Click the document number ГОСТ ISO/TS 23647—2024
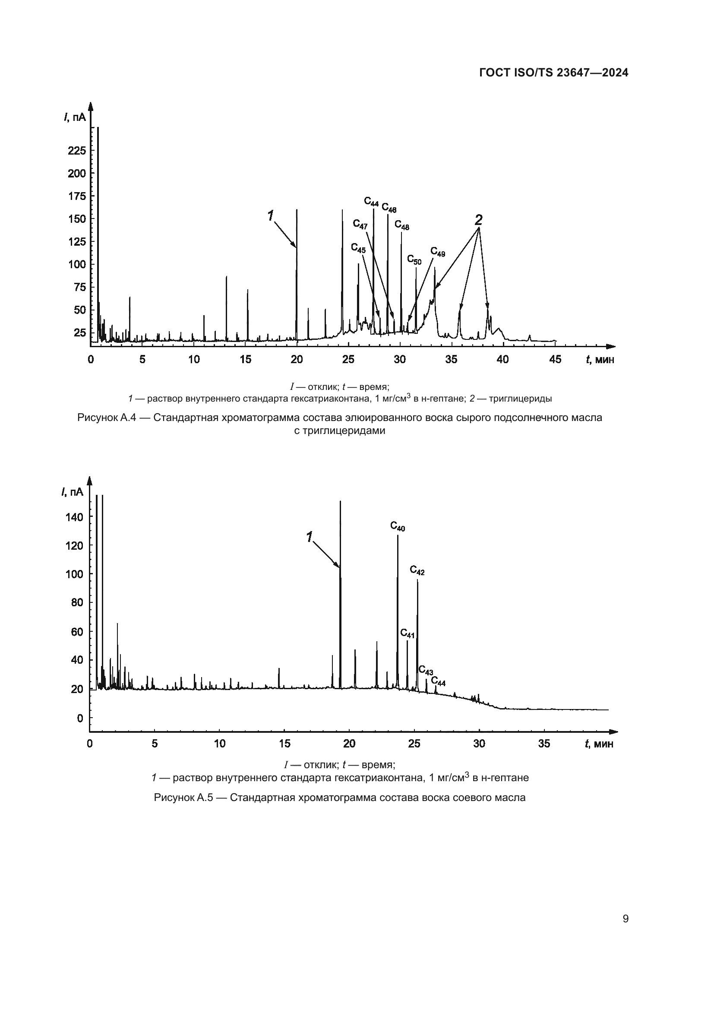point(553,73)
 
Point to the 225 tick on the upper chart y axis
point(76,151)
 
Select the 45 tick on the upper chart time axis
point(555,359)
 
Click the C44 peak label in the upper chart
point(371,202)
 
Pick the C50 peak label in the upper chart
point(414,260)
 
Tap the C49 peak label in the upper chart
point(437,252)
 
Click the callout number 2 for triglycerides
point(478,219)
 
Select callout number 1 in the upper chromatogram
point(270,215)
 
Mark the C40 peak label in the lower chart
point(398,526)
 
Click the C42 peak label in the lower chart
point(417,570)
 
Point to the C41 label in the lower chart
point(407,633)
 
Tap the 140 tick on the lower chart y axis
point(74,517)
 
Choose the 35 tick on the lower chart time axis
point(544,744)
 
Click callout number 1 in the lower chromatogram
point(310,537)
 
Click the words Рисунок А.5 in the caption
point(182,798)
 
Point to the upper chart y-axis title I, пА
point(75,117)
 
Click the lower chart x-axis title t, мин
point(599,744)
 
